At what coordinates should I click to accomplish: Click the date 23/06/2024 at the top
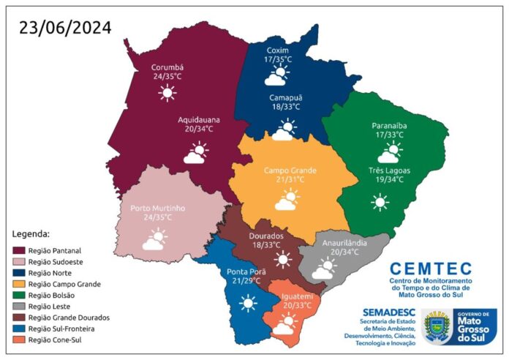66,28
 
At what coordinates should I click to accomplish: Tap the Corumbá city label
167,65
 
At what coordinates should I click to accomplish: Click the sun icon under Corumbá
168,92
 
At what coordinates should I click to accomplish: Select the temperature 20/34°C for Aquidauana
195,129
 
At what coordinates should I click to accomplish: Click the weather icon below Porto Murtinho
154,239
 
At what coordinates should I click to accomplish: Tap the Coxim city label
278,50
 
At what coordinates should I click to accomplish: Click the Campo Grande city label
290,170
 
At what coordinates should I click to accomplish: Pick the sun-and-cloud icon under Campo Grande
287,199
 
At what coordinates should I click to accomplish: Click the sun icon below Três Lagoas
380,202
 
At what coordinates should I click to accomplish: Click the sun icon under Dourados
283,259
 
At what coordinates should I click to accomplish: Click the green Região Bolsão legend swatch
20,295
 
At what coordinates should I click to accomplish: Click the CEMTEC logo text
431,269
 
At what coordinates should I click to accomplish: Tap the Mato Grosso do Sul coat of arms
438,326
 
